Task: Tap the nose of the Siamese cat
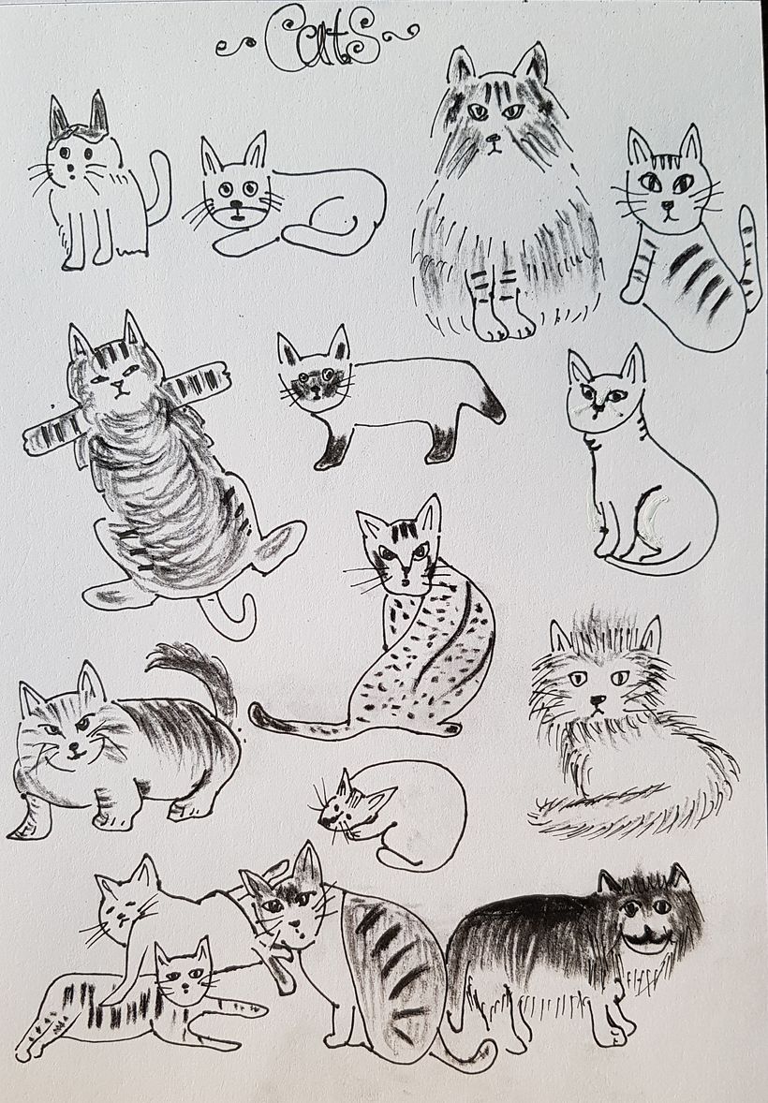[x=311, y=390]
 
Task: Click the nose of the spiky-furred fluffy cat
[x=598, y=700]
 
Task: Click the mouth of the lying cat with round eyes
[x=237, y=213]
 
